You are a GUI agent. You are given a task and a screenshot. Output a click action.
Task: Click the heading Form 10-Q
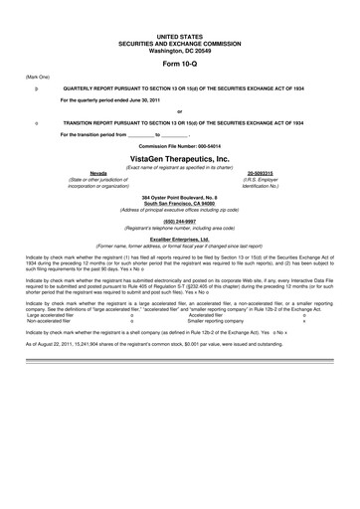click(x=179, y=62)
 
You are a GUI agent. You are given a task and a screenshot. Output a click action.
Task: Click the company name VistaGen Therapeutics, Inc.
click(x=179, y=158)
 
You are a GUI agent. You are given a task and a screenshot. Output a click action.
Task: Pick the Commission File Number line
click(x=179, y=145)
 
